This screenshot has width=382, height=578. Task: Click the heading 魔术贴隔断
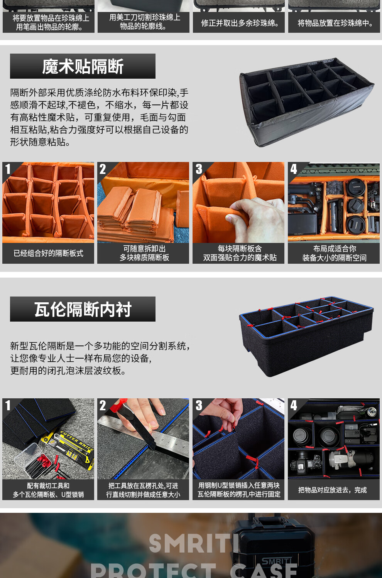click(83, 66)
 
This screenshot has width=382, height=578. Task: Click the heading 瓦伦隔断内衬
click(83, 309)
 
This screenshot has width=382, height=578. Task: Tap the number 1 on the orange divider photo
click(8, 169)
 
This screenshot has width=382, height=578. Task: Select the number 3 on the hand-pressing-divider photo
click(199, 169)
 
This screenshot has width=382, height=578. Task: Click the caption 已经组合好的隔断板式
click(48, 253)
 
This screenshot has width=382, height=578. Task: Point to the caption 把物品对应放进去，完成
click(332, 490)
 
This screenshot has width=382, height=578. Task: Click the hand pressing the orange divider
click(256, 216)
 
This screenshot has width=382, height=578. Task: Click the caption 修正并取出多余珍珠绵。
click(240, 23)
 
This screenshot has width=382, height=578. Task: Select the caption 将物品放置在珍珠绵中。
click(335, 23)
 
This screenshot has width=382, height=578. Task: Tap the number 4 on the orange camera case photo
click(294, 169)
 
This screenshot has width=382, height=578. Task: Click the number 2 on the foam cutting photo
click(103, 405)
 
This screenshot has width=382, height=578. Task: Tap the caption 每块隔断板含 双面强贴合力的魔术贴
click(240, 253)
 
